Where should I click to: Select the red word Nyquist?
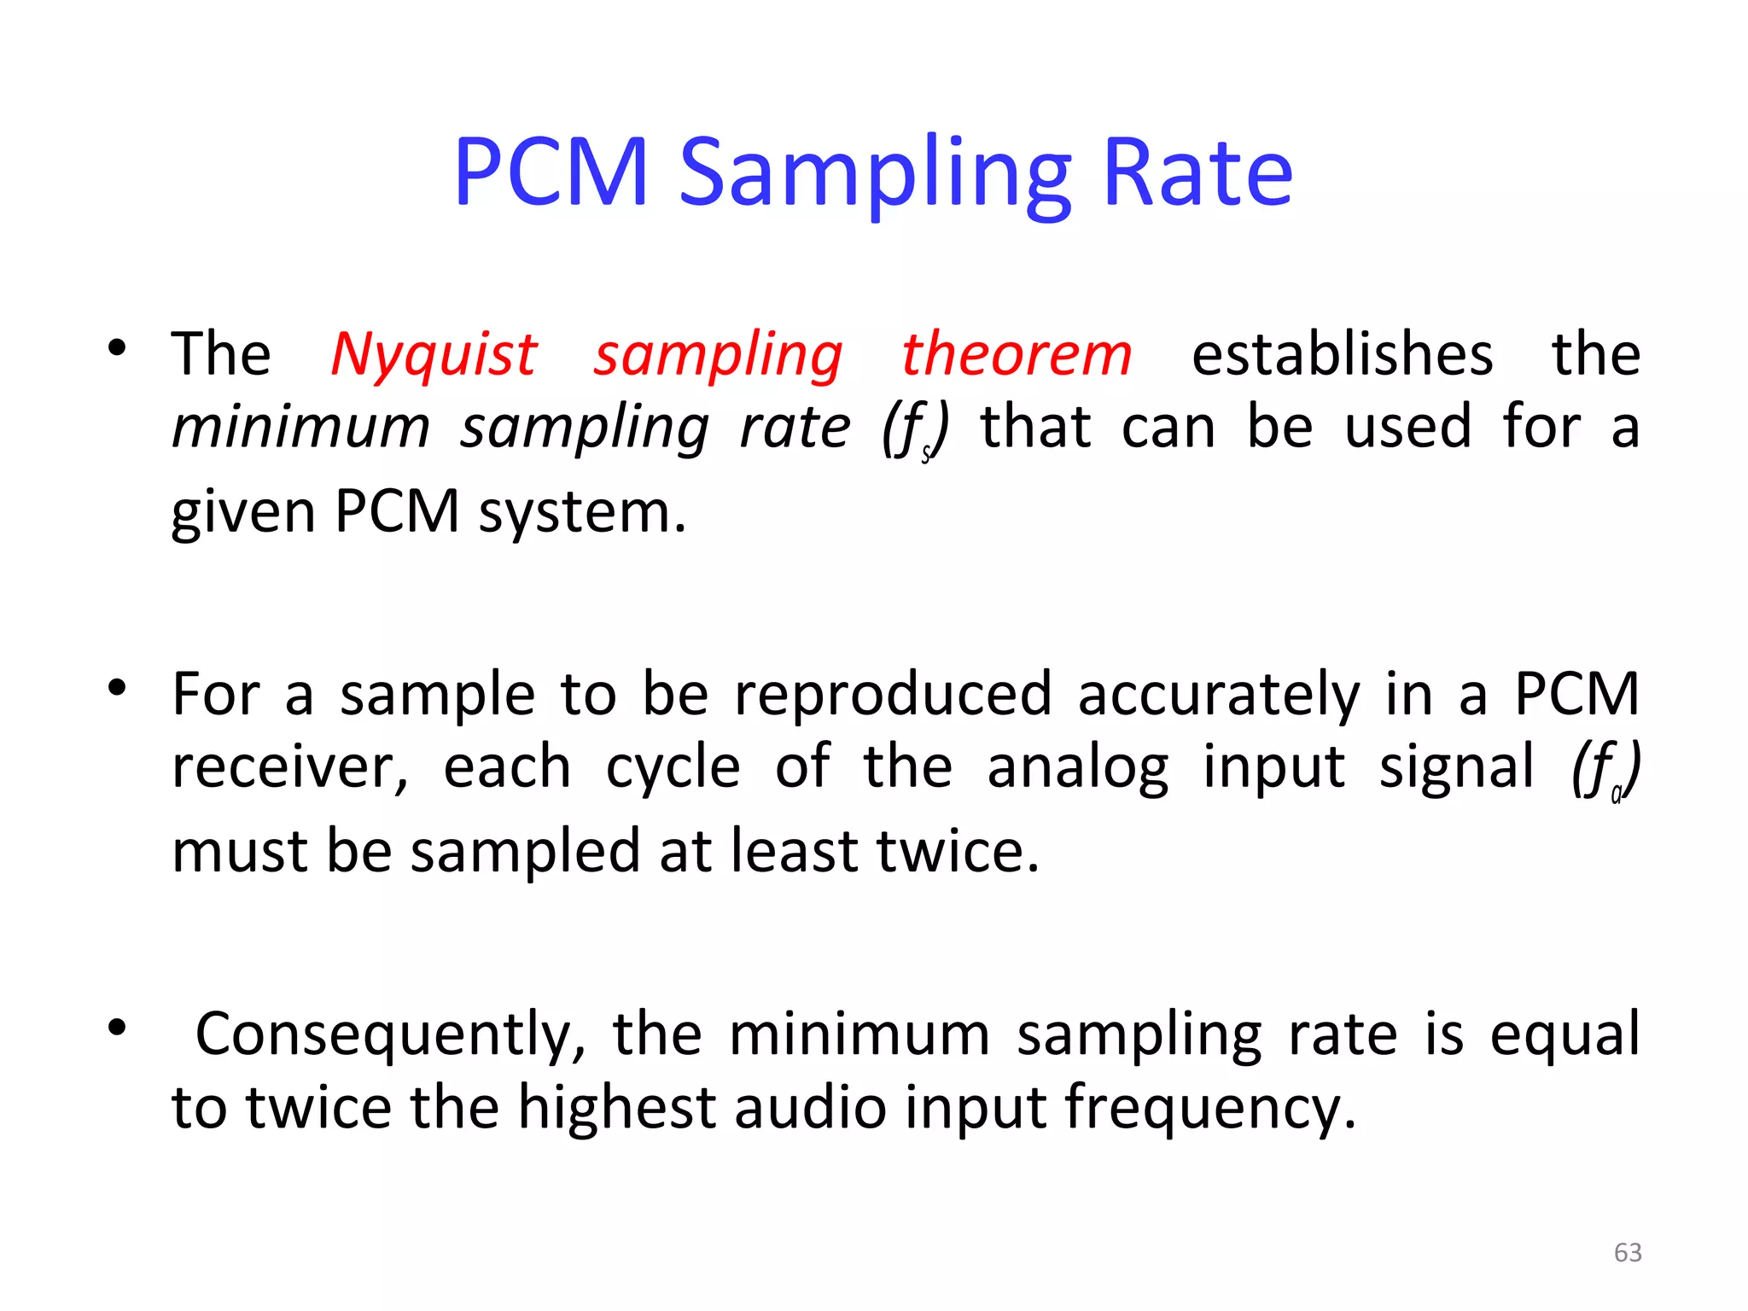point(434,354)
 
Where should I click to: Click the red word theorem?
point(1017,354)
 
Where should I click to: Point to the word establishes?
point(1342,354)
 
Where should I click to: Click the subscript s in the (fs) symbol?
point(926,454)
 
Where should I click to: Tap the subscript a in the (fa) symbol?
point(1616,795)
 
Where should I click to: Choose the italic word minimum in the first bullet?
point(301,427)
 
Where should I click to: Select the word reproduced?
point(893,694)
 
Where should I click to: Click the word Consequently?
point(391,1035)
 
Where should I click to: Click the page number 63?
point(1628,1252)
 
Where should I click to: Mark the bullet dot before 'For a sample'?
point(117,687)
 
